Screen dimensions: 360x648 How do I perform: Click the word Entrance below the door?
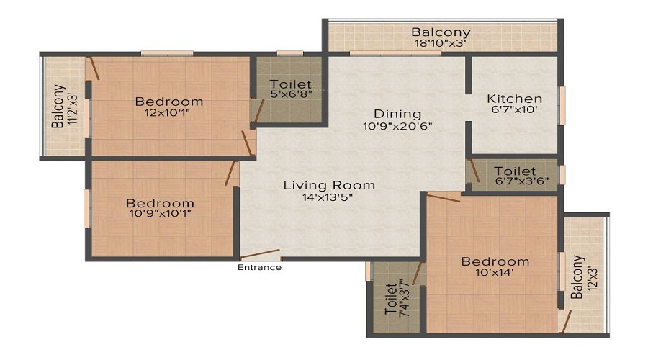260,268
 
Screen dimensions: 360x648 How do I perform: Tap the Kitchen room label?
514,99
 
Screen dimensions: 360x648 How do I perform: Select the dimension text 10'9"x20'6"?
397,127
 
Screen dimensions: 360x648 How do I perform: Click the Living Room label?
329,185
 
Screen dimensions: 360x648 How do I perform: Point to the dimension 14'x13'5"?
329,198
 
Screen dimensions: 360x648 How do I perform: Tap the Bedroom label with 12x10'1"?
169,102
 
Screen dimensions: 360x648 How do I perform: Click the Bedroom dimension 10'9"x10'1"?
160,213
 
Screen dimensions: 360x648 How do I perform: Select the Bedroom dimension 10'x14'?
495,274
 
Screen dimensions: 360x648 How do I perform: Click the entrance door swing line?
260,255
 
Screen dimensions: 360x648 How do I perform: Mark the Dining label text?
397,114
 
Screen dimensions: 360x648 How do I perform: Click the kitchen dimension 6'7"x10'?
514,111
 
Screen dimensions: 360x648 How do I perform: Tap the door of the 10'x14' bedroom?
444,195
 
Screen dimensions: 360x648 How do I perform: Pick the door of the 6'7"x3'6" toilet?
474,171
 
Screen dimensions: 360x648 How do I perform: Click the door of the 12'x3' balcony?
568,321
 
